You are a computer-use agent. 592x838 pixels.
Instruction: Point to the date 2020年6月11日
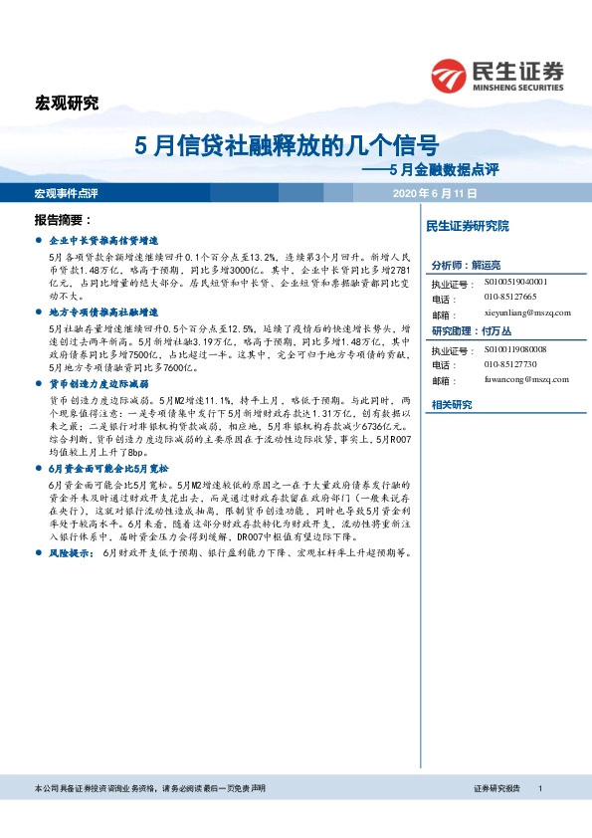pyautogui.click(x=436, y=192)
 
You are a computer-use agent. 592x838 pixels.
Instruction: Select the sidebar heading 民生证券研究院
pyautogui.click(x=467, y=227)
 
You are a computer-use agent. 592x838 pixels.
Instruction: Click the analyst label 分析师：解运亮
pyautogui.click(x=467, y=266)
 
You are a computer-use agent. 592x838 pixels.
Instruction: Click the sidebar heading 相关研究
pyautogui.click(x=452, y=404)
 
